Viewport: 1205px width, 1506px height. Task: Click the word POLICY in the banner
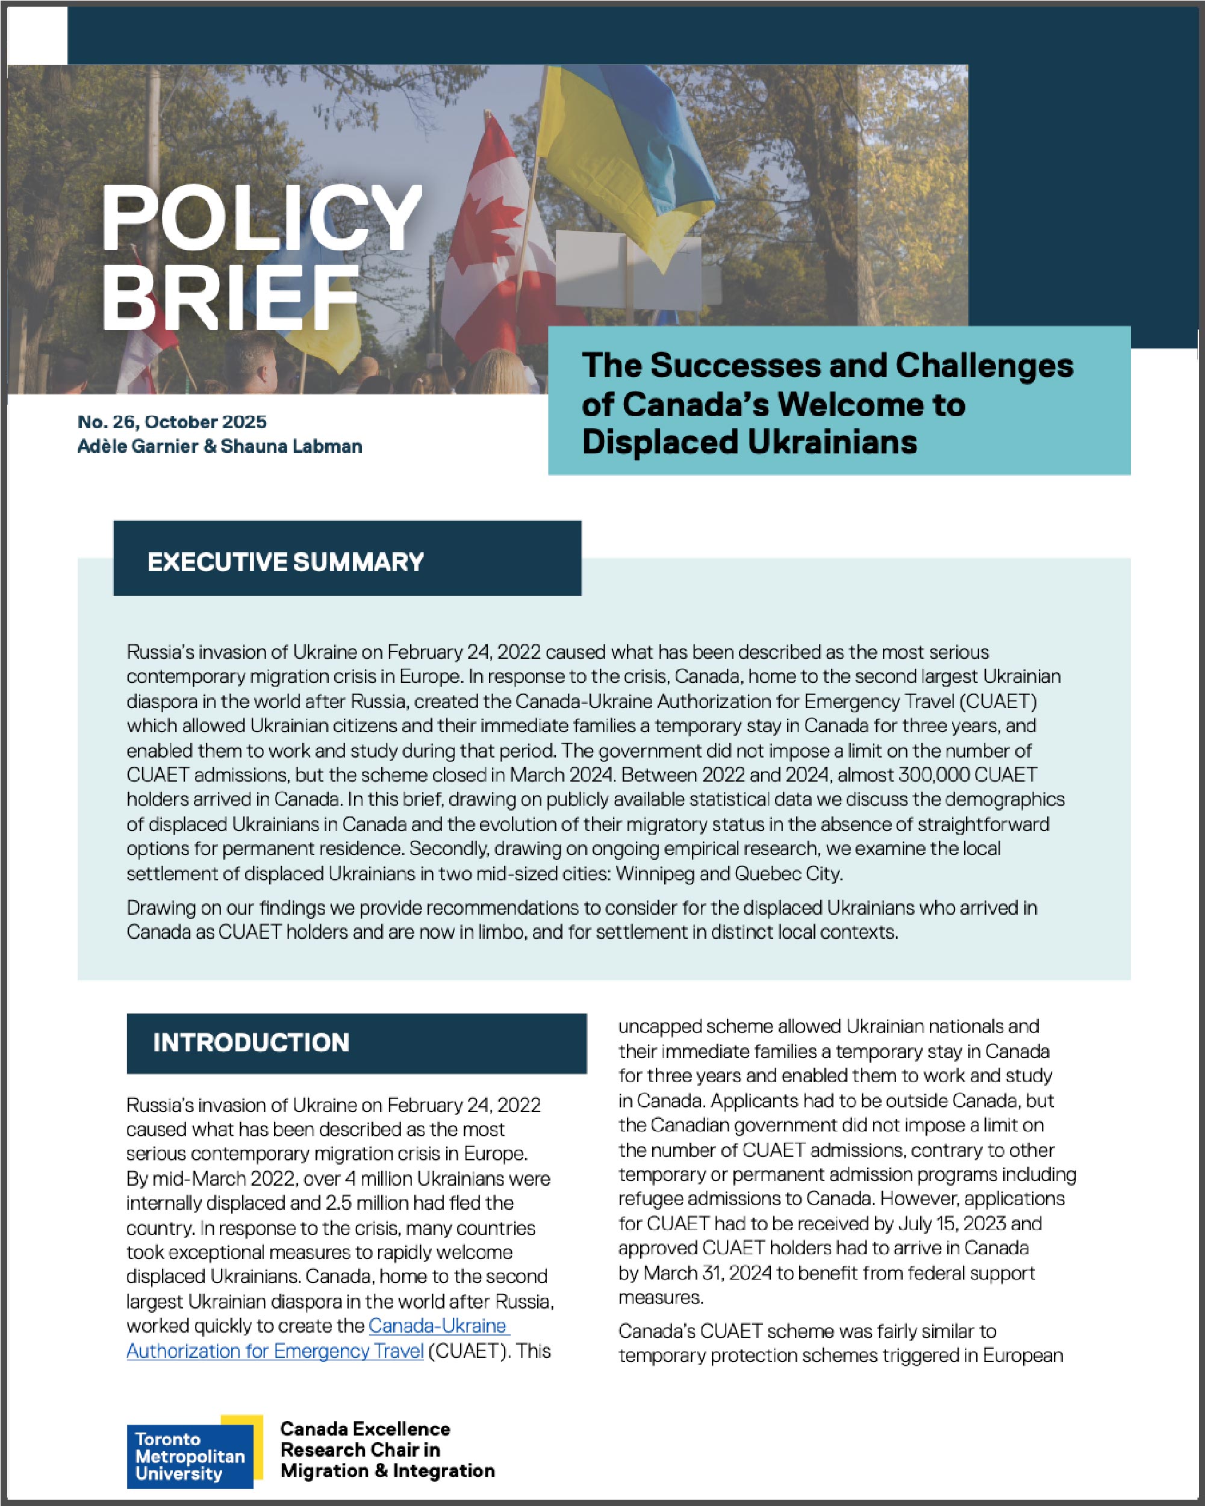click(261, 218)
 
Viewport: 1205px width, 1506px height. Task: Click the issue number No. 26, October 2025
click(172, 422)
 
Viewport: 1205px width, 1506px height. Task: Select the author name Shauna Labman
click(291, 446)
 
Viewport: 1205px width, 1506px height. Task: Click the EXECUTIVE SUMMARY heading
click(285, 562)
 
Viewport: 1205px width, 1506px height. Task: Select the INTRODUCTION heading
click(251, 1042)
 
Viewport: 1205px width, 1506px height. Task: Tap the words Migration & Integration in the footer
click(387, 1470)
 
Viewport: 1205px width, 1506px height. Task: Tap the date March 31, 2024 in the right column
click(707, 1273)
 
